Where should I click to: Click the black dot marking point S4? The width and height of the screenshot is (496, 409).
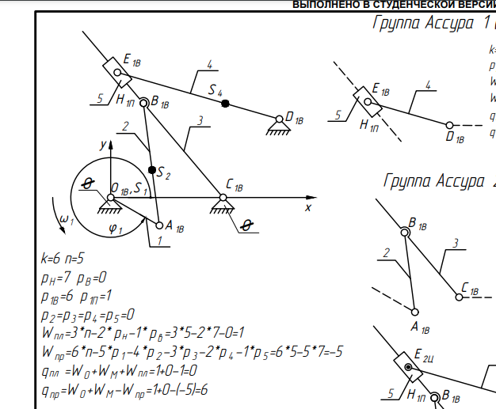click(x=226, y=104)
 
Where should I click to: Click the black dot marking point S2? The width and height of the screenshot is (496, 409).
click(x=152, y=169)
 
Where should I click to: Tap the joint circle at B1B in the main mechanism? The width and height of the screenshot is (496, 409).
click(x=144, y=101)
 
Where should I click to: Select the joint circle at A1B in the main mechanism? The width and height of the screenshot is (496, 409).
click(x=158, y=225)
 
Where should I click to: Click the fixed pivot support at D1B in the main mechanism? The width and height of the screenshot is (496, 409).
click(x=277, y=121)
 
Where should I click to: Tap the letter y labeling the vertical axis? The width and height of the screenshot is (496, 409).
click(x=102, y=145)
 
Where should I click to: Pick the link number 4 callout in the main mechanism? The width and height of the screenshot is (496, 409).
click(x=209, y=64)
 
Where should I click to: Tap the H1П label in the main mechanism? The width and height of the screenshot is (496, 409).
click(x=124, y=100)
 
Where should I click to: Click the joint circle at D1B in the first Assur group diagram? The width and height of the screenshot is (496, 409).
click(x=449, y=125)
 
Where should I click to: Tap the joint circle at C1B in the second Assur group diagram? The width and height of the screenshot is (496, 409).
click(x=459, y=297)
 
